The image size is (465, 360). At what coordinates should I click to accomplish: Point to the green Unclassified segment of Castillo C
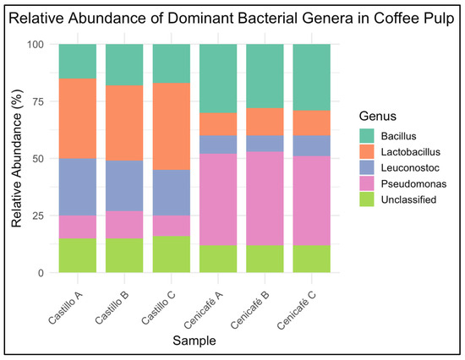[x=172, y=254]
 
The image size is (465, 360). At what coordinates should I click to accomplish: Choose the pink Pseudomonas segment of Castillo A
[x=77, y=226]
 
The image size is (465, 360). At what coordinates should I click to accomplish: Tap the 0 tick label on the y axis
[x=42, y=273]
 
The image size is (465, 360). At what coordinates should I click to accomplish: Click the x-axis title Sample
[x=195, y=340]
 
